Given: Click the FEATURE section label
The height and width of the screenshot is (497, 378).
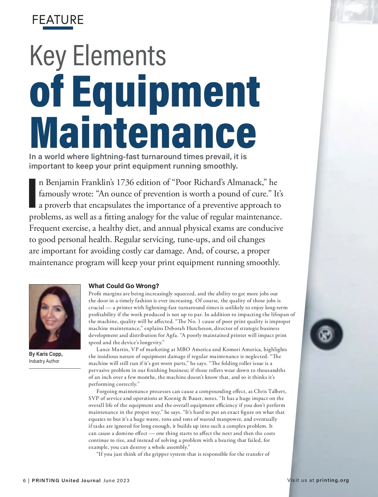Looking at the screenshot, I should [x=58, y=20].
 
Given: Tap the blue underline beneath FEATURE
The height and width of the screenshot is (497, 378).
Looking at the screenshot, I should [x=58, y=28].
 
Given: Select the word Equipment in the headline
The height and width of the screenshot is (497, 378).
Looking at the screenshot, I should [x=167, y=91].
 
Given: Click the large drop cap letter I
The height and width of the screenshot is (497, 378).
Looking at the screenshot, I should [x=32, y=193].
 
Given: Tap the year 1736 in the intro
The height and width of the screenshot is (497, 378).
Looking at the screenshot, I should [x=126, y=182].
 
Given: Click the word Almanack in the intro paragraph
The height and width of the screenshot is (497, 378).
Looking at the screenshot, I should [x=242, y=182].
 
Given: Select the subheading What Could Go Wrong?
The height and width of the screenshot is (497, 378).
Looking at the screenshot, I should [x=124, y=286].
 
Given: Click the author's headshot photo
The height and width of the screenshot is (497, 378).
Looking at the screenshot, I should [x=55, y=316].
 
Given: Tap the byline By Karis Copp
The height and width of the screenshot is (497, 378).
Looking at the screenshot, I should [x=46, y=354].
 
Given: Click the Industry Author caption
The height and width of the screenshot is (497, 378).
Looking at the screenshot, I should [x=44, y=361].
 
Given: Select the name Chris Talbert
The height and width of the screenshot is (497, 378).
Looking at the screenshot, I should [x=270, y=391].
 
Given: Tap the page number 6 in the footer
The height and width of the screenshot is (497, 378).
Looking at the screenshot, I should [x=25, y=481].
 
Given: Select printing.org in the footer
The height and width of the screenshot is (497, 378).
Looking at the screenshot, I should [x=333, y=480].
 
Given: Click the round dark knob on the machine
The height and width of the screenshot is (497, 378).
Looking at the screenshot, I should [x=326, y=334].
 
